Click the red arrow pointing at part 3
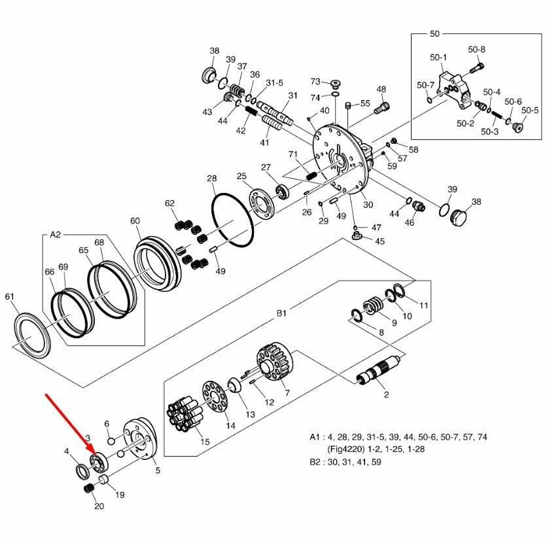[68, 423]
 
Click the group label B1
[281, 314]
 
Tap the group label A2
[55, 235]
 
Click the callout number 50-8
[477, 50]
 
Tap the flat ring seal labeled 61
[31, 331]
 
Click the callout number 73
[315, 82]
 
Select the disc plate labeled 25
[264, 206]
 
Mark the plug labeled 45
[357, 235]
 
